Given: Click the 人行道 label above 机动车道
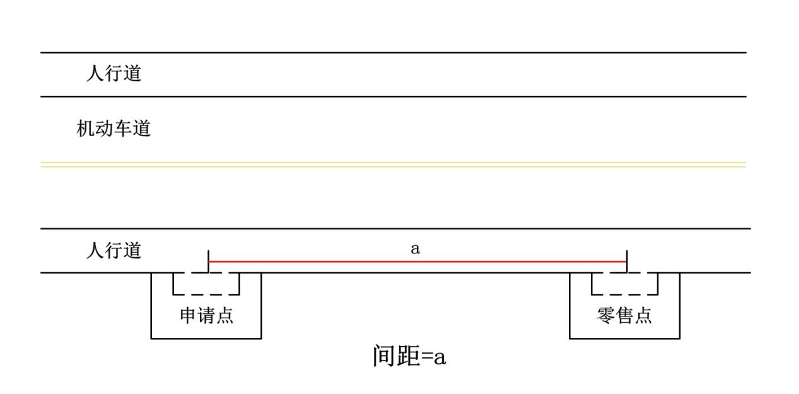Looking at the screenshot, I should [x=114, y=74].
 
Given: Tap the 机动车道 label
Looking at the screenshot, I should [x=114, y=129].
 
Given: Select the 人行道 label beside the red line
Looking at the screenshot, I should [x=114, y=251].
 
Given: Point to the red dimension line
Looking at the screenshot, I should [x=416, y=261].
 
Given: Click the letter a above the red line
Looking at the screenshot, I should [x=415, y=249].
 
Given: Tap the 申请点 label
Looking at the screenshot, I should [x=207, y=315].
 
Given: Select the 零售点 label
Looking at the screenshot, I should [x=624, y=315].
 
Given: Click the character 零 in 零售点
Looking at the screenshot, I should [x=606, y=315].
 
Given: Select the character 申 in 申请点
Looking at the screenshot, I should [x=189, y=315].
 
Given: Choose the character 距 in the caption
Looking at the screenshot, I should [x=408, y=356].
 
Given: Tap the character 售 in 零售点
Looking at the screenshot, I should [x=624, y=315].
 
